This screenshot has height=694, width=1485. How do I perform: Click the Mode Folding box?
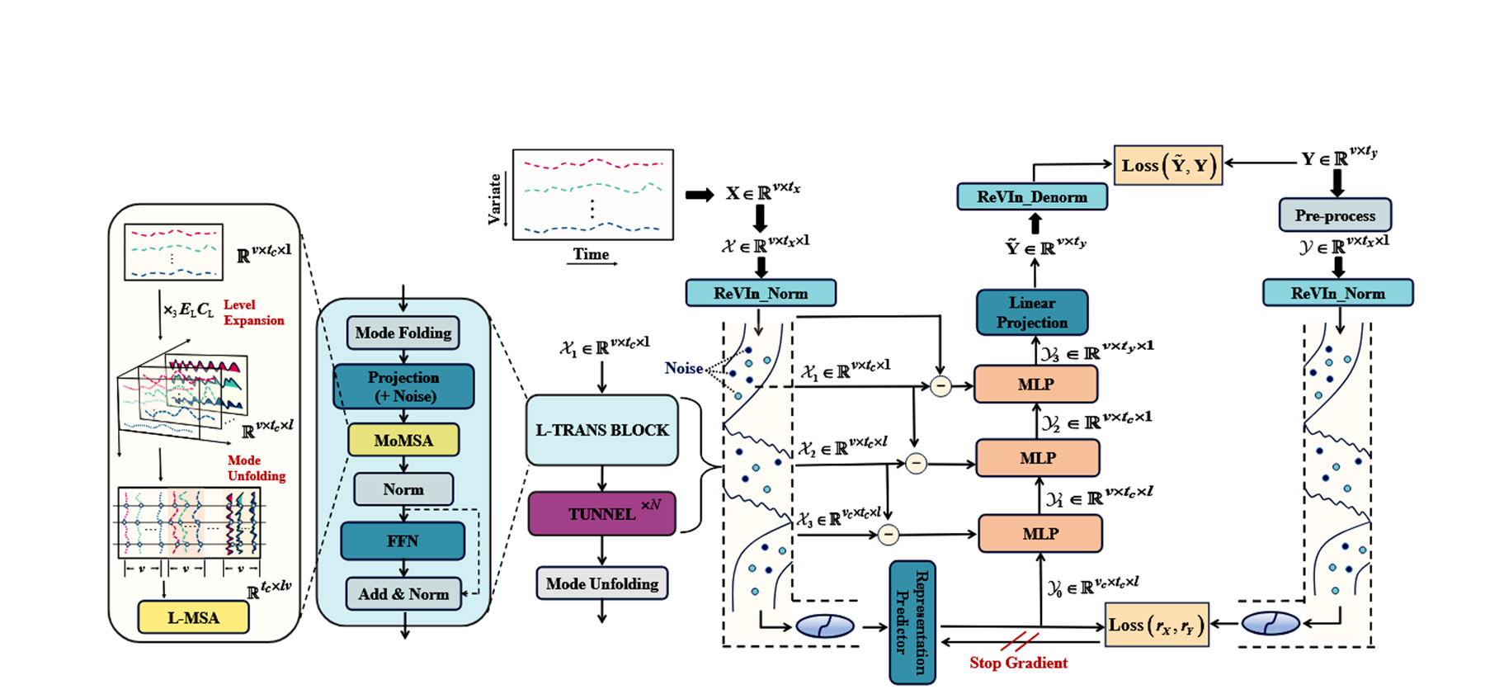[x=403, y=333]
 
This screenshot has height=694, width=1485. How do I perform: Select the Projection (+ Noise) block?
[x=403, y=386]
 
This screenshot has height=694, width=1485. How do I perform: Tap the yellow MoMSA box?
[x=403, y=440]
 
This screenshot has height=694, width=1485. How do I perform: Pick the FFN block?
[x=403, y=541]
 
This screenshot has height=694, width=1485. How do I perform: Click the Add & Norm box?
[x=403, y=594]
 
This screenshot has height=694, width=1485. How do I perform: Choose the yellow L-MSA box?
[x=193, y=617]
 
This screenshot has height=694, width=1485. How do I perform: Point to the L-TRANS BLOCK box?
[x=602, y=430]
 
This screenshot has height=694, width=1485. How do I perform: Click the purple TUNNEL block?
[x=602, y=513]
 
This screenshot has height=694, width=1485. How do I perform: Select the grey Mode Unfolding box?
[x=602, y=583]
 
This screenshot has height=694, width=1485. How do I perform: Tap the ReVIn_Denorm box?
[x=1032, y=197]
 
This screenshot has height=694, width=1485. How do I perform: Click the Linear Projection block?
[x=1032, y=313]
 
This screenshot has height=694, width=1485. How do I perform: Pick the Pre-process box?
[x=1335, y=215]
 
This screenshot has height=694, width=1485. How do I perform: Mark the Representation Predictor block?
[x=912, y=622]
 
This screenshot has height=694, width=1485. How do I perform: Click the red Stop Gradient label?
[x=1018, y=663]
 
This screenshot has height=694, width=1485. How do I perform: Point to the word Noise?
[x=684, y=368]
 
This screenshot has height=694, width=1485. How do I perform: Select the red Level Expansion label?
[x=253, y=313]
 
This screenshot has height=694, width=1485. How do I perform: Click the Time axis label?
[x=592, y=254]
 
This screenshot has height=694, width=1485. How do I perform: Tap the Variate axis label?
[x=494, y=198]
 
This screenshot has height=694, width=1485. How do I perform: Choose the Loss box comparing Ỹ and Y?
[x=1168, y=165]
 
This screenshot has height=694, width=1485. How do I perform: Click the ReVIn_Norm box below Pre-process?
[x=1337, y=293]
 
